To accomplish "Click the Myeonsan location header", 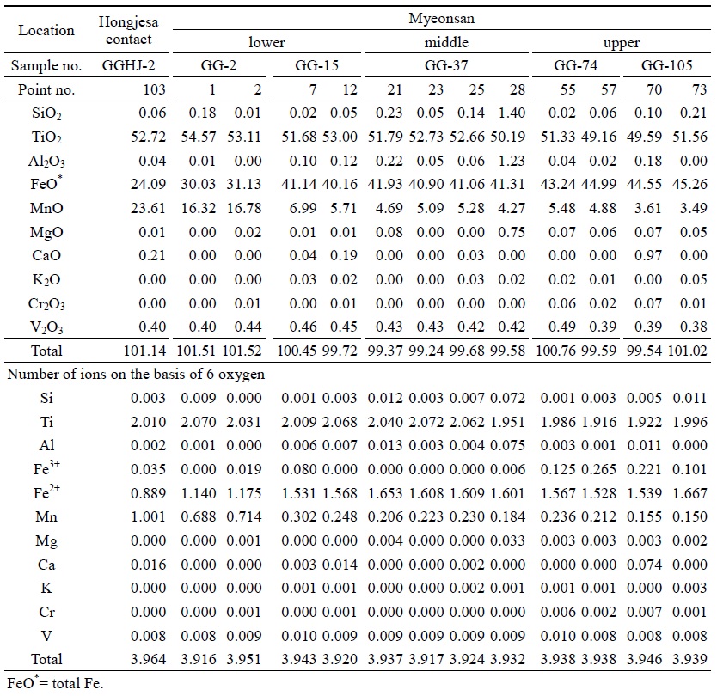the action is click(441, 18).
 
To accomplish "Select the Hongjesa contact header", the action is click(128, 30).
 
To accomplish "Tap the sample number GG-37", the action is click(446, 65).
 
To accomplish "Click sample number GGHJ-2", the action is click(128, 65).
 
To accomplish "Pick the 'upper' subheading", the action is click(622, 42).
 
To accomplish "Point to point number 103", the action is click(154, 89).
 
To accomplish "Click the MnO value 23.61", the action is click(148, 208).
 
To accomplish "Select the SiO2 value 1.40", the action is click(512, 113).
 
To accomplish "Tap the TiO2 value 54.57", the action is click(198, 137).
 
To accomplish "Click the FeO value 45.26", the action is click(689, 184).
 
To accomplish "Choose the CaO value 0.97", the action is click(648, 255).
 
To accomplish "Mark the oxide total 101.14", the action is click(144, 351).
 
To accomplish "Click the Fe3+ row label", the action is click(46, 468).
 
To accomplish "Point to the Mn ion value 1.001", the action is click(148, 517).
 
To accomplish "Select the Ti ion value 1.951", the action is click(507, 422).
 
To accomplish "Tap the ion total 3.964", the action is click(148, 659).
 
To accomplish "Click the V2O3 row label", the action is click(46, 327).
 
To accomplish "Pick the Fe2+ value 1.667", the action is click(689, 493).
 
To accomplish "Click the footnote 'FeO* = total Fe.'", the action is click(55, 683).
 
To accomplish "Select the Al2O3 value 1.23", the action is click(512, 161).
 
